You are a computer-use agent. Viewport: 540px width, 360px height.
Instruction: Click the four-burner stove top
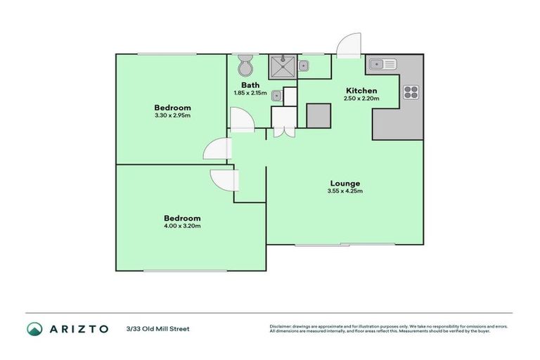(x=411, y=92)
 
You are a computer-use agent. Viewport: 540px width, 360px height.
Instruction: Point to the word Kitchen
(x=361, y=91)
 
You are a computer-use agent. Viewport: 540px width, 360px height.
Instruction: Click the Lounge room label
(x=344, y=183)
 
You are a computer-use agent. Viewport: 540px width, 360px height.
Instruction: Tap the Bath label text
(x=250, y=84)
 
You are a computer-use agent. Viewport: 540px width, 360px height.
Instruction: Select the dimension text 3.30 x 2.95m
(x=172, y=115)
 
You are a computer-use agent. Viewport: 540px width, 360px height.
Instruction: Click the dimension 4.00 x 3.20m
(x=183, y=226)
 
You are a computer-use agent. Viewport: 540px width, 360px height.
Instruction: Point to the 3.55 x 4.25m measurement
(x=344, y=191)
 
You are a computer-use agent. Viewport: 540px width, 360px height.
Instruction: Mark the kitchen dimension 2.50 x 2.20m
(x=361, y=99)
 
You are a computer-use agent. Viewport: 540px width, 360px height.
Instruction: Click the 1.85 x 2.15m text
(x=251, y=93)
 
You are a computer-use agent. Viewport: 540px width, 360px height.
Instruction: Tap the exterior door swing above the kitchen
(x=347, y=46)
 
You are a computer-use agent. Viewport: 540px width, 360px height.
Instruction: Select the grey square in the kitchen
(x=319, y=115)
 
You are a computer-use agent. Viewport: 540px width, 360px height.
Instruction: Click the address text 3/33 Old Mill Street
(x=157, y=328)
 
